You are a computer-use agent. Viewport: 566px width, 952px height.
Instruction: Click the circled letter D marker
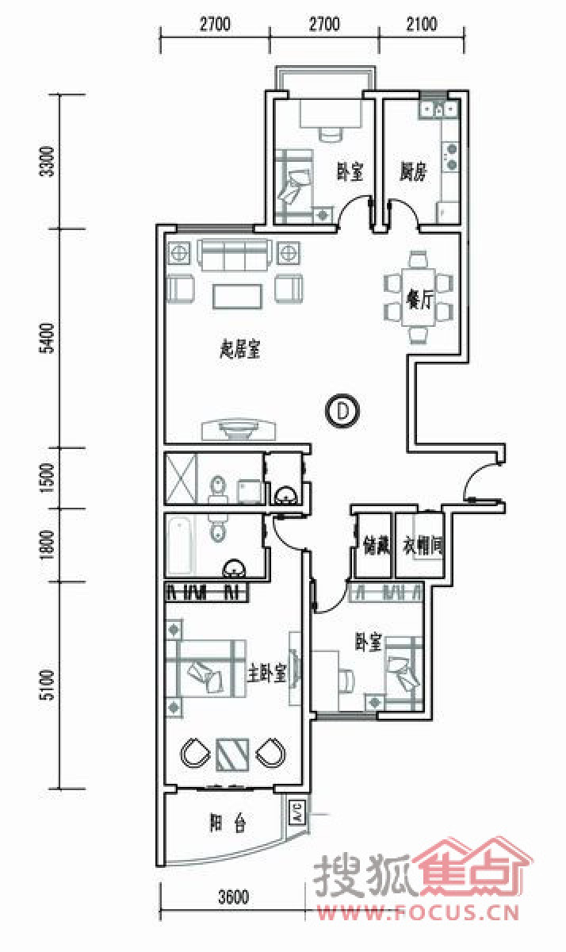click(342, 411)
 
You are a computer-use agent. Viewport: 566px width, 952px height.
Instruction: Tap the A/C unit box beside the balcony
click(297, 812)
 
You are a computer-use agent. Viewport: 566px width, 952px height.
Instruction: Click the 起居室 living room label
click(240, 349)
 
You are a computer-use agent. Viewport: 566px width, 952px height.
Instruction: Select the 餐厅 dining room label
click(419, 299)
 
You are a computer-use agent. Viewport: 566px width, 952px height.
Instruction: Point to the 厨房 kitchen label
click(413, 171)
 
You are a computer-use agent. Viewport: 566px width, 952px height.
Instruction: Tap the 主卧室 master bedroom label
click(267, 672)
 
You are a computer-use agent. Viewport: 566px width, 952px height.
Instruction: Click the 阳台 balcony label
click(228, 823)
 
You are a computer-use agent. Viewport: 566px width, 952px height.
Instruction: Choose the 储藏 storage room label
click(377, 545)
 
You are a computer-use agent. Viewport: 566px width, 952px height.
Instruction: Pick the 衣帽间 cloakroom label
click(423, 545)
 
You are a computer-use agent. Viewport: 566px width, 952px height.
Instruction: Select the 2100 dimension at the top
click(421, 24)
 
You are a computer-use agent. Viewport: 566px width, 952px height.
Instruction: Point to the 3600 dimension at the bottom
click(233, 896)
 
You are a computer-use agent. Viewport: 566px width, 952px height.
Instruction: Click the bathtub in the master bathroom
click(182, 545)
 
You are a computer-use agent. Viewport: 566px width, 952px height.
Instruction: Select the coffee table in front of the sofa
click(237, 296)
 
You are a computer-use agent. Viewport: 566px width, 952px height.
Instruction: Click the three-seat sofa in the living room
click(235, 255)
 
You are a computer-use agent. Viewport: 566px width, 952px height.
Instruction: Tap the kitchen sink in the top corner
click(439, 109)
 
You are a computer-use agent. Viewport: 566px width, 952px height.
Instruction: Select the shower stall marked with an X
click(181, 478)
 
